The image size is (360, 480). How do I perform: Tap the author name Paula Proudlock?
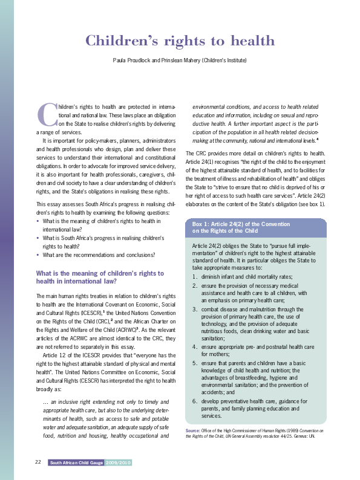click(x=133, y=60)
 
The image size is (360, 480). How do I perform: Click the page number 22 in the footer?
click(x=38, y=462)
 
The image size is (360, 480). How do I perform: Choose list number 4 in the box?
click(x=195, y=346)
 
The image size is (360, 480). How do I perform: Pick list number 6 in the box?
click(x=195, y=401)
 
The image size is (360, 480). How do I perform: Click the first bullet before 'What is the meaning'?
click(x=38, y=222)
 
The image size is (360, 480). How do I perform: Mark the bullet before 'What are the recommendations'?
click(x=38, y=255)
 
